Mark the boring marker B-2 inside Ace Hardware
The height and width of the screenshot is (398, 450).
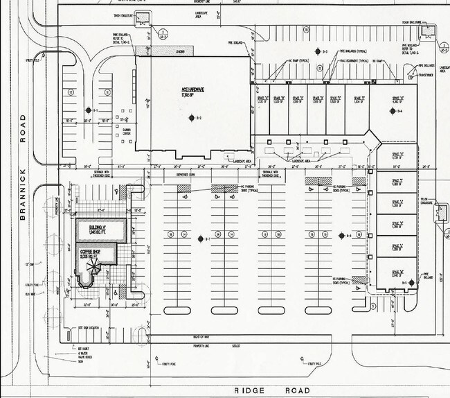[x=192, y=118]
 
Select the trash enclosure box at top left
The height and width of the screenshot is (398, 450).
[x=143, y=19]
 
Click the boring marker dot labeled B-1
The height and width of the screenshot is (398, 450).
[x=88, y=110]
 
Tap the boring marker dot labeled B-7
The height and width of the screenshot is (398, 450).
[x=199, y=238]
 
